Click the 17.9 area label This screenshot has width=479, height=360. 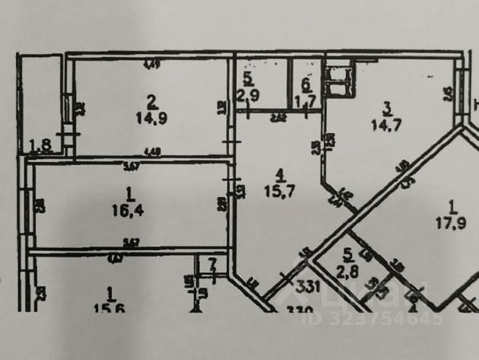452,223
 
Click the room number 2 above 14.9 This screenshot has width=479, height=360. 152,100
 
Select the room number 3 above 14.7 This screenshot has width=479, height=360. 386,107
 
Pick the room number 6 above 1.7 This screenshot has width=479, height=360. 306,84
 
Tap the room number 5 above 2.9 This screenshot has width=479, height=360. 247,79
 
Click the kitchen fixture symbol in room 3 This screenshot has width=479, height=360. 338,82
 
